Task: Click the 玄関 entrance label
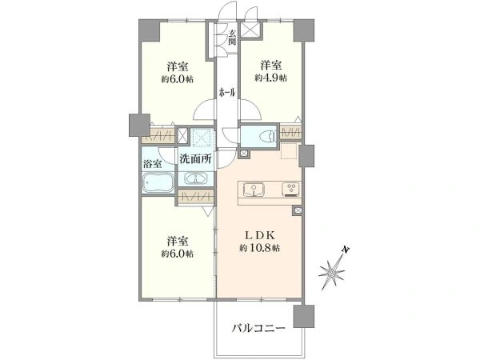click(x=232, y=37)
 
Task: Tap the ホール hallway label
click(x=227, y=92)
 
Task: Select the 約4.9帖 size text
click(x=271, y=78)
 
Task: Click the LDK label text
click(x=259, y=235)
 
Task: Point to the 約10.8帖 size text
click(x=259, y=248)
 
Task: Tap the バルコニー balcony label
click(x=258, y=329)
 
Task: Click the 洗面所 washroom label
click(x=195, y=158)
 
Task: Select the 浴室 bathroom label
click(x=153, y=164)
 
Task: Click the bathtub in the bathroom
click(x=158, y=182)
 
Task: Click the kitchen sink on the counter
click(x=254, y=190)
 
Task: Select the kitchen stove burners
click(x=291, y=190)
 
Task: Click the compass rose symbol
click(x=332, y=272)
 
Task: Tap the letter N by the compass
click(x=346, y=250)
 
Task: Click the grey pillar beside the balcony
click(x=304, y=316)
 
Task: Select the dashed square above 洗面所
click(x=201, y=137)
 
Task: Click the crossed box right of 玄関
click(x=251, y=30)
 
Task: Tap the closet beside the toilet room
click(x=291, y=134)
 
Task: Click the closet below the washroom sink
click(x=195, y=197)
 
